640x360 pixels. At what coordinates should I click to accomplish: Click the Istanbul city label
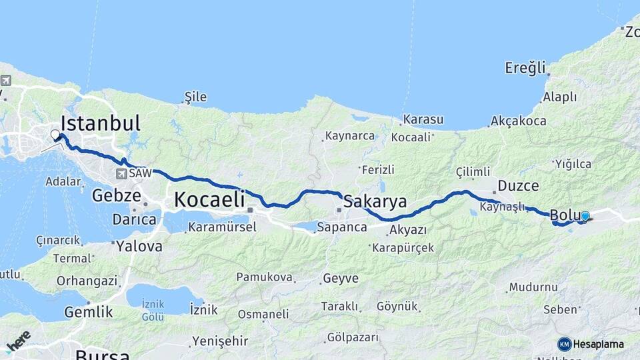(x=101, y=123)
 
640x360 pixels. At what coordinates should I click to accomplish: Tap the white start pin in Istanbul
(x=55, y=135)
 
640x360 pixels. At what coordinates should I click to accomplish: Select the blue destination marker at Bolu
(x=585, y=216)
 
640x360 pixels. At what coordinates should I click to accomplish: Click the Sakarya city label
(x=375, y=202)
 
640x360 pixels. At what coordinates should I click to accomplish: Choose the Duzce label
(x=518, y=186)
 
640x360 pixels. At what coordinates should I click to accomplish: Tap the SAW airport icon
(x=121, y=173)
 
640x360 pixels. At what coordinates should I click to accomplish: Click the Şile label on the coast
(x=195, y=97)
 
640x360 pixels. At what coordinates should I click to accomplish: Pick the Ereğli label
(x=525, y=67)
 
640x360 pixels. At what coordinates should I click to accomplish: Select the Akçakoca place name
(x=518, y=121)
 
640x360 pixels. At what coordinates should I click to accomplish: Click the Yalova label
(x=139, y=246)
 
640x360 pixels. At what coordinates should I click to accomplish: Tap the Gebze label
(x=117, y=196)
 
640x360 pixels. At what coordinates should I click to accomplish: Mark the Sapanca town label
(x=342, y=227)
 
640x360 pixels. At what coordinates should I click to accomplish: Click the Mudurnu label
(x=533, y=287)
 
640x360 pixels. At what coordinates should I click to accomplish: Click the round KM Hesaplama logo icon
(x=565, y=344)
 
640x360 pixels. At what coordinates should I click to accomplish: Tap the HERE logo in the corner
(x=18, y=341)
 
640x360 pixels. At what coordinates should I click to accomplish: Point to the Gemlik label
(x=88, y=311)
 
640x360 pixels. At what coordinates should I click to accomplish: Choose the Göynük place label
(x=397, y=306)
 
